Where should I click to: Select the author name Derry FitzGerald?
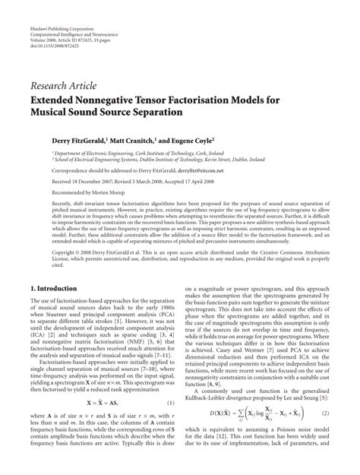[x=75, y=140]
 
